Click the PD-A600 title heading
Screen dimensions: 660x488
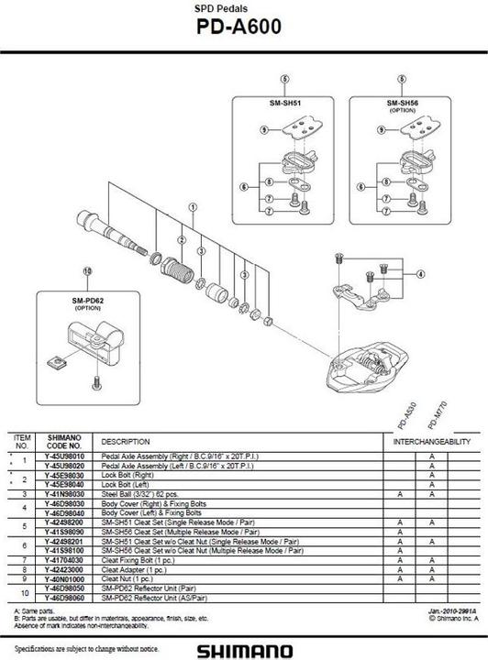click(243, 27)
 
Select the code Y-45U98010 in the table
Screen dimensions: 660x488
click(64, 455)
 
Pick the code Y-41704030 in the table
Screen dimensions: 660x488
click(64, 557)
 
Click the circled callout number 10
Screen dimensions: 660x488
click(88, 271)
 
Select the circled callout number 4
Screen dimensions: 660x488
click(420, 273)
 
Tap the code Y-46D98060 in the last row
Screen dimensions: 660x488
click(64, 598)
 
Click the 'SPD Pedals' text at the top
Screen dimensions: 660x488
click(243, 8)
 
